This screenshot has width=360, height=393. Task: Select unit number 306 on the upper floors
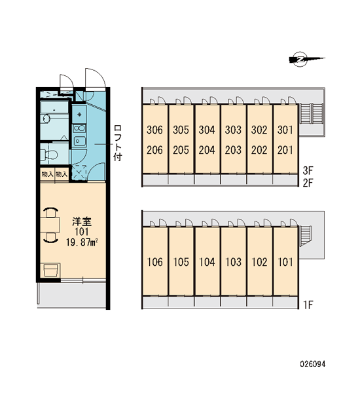(154, 130)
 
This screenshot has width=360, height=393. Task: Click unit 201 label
(285, 150)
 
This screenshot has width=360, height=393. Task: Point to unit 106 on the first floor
(155, 262)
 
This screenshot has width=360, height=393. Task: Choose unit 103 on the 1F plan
(233, 262)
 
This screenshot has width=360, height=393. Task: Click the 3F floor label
(308, 171)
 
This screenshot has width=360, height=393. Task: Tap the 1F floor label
(308, 305)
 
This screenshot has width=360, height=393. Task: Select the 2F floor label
(308, 183)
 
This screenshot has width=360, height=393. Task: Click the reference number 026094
(313, 364)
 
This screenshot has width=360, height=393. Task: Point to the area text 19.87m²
(82, 242)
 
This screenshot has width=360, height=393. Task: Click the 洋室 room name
(82, 221)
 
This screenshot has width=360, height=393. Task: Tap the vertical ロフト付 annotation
(118, 143)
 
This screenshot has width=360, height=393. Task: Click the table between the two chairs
(50, 225)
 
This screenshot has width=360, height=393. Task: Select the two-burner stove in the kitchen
(79, 128)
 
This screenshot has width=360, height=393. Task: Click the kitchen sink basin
(79, 141)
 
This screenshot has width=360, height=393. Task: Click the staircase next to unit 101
(306, 235)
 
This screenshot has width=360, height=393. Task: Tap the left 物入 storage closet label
(47, 174)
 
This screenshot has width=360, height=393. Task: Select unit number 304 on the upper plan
(207, 130)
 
